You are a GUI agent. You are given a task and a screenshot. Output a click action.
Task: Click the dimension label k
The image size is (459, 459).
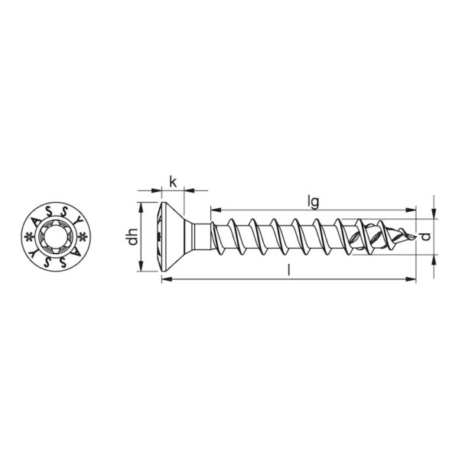[173, 182]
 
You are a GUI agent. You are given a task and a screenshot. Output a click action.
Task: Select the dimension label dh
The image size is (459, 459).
[133, 236]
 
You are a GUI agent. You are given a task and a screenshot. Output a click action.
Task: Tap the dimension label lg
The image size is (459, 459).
[313, 202]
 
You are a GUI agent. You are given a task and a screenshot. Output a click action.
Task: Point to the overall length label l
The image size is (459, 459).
[289, 270]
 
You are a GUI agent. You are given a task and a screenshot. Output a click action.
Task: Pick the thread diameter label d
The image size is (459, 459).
[427, 236]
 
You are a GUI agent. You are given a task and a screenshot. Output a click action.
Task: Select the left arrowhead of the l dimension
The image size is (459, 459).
[167, 279]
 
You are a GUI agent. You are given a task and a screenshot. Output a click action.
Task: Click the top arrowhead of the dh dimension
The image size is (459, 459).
[141, 207]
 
